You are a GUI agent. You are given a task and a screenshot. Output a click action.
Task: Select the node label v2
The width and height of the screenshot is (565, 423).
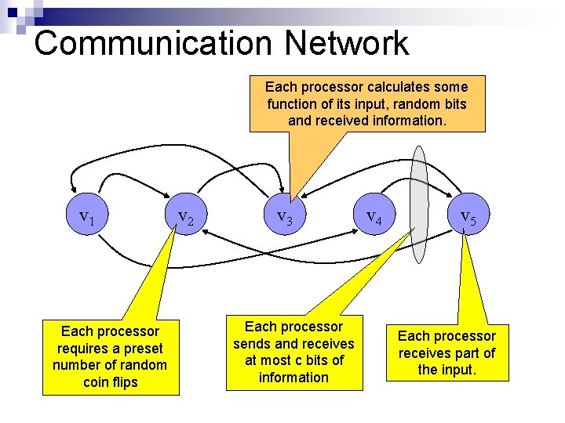coord(186,218)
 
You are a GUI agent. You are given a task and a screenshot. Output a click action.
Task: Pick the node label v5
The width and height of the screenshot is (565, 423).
coord(467,218)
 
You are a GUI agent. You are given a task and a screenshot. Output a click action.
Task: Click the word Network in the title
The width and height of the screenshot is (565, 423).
coord(342,43)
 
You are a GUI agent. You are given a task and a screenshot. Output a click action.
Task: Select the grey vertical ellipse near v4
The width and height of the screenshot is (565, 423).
coord(420,204)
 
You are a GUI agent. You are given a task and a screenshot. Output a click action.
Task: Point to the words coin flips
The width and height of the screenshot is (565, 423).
coord(109,382)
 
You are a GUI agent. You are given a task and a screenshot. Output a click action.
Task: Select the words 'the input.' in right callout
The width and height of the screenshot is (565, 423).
coord(447,370)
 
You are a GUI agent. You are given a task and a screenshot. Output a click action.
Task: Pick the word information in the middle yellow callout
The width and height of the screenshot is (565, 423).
coord(294,378)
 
